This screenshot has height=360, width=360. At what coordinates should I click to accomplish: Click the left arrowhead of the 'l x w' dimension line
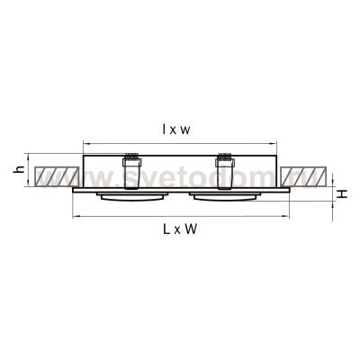tap(85, 142)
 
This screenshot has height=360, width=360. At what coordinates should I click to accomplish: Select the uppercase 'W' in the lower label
tap(192, 230)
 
